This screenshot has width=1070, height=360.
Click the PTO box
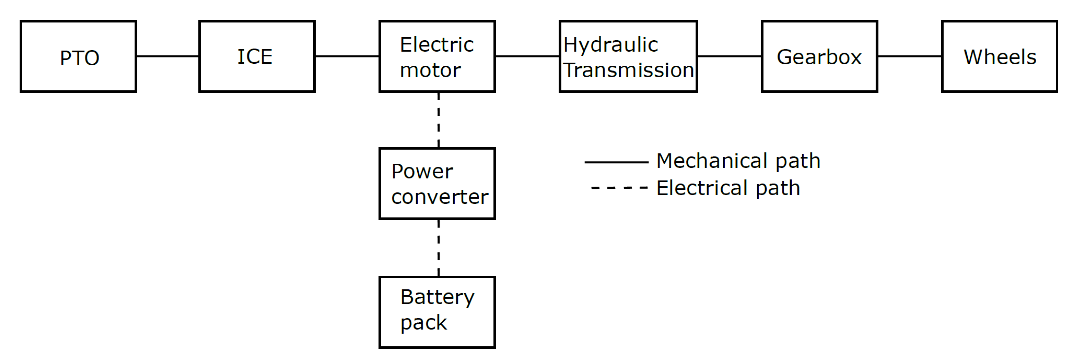(x=78, y=56)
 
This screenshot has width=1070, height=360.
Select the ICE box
(x=257, y=56)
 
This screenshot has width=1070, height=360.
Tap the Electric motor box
(x=437, y=56)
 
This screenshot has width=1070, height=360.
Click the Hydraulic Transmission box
(x=628, y=56)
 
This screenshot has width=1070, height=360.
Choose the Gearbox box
(x=819, y=56)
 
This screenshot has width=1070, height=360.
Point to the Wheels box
(x=999, y=56)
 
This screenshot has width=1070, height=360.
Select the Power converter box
(x=437, y=183)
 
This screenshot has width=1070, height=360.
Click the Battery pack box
(x=437, y=312)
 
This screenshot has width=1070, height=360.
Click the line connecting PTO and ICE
(x=167, y=56)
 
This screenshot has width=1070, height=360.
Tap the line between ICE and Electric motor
(x=347, y=56)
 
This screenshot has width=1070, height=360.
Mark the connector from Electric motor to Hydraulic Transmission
(x=527, y=56)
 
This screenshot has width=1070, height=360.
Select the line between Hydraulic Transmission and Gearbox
(x=729, y=56)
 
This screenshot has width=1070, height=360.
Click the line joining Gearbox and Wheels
(x=910, y=56)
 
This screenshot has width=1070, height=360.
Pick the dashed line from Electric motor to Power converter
(x=439, y=120)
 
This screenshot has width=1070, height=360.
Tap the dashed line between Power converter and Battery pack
(x=439, y=248)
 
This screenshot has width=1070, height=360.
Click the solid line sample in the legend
(x=616, y=162)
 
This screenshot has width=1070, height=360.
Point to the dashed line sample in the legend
(x=619, y=188)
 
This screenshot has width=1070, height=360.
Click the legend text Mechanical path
(x=738, y=161)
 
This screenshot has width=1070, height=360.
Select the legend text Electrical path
(x=728, y=188)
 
